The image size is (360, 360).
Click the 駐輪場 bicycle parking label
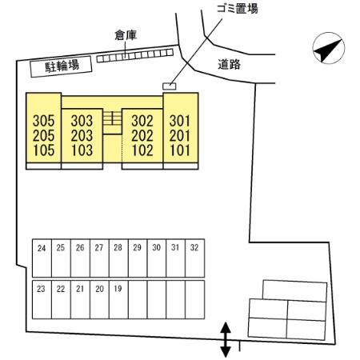click(x=62, y=66)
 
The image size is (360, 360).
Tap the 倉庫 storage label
click(x=126, y=35)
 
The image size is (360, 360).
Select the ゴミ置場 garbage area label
click(x=238, y=8)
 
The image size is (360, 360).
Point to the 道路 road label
click(x=229, y=64)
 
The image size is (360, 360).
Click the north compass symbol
click(x=328, y=48)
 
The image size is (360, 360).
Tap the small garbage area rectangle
click(x=170, y=86)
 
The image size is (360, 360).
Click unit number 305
click(x=43, y=121)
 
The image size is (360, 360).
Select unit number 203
click(x=82, y=135)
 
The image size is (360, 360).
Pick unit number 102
click(x=142, y=150)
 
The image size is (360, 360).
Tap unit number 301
click(x=180, y=121)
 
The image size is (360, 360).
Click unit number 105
click(x=43, y=150)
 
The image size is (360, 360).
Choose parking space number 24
click(x=42, y=248)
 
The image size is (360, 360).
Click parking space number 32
click(x=194, y=248)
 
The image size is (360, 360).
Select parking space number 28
click(x=118, y=248)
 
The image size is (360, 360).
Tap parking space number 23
click(x=41, y=289)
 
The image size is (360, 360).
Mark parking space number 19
click(x=118, y=289)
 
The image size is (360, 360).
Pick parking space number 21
click(x=80, y=289)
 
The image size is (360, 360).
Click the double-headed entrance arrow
click(x=226, y=339)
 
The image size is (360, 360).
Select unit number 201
click(x=180, y=135)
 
